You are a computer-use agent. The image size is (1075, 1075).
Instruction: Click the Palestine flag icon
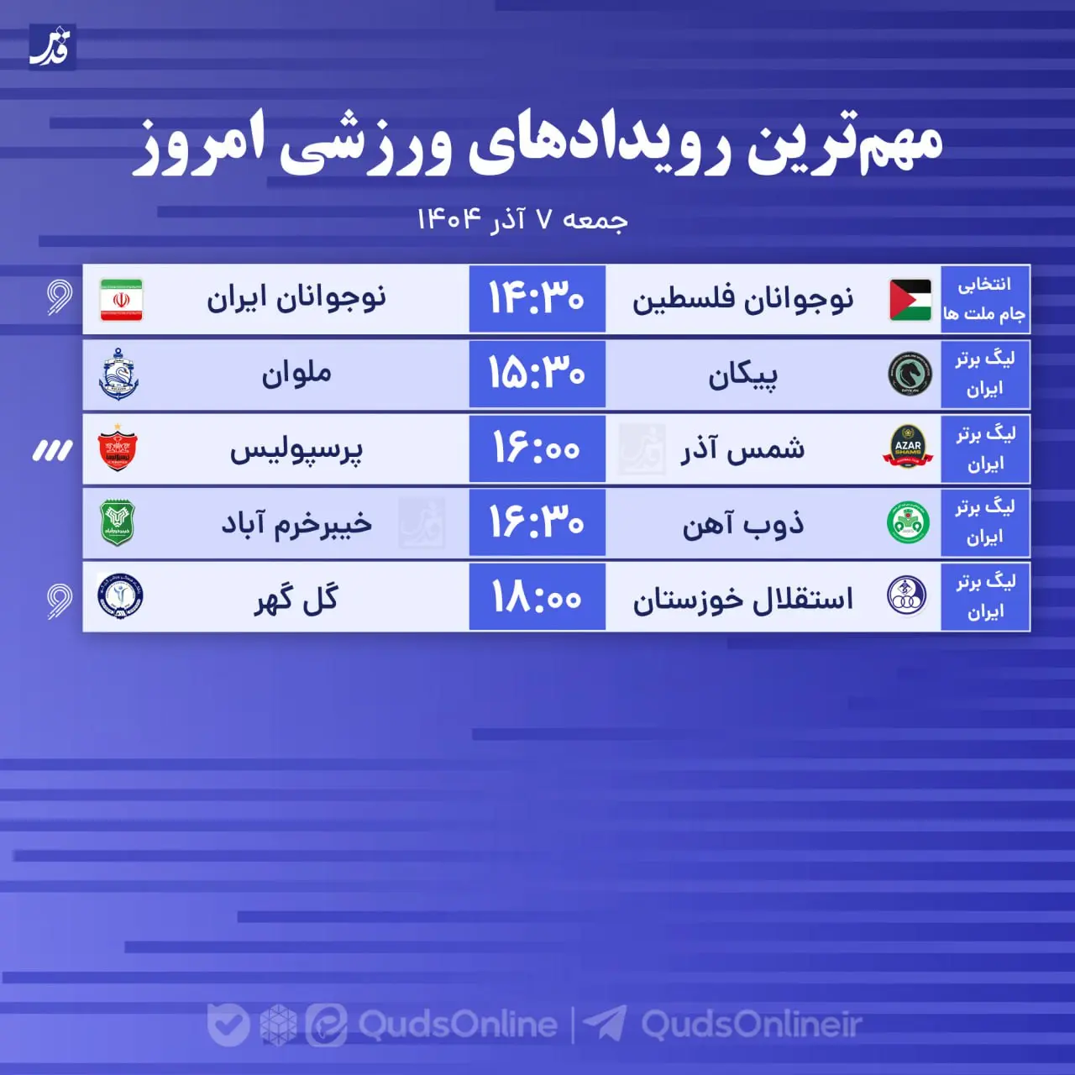[x=910, y=300]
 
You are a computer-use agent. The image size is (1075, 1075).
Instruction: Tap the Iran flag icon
[x=121, y=300]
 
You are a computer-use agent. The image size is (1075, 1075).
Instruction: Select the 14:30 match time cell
[x=537, y=299]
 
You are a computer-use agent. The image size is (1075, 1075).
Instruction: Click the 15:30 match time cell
[x=537, y=374]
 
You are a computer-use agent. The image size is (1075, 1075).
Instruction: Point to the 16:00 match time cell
[x=537, y=448]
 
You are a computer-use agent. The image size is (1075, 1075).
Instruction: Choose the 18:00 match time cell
[x=537, y=597]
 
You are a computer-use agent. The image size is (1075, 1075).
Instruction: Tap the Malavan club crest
[x=118, y=375]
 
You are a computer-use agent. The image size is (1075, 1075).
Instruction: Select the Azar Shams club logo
[x=908, y=448]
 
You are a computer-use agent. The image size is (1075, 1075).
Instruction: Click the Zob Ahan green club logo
[x=908, y=522]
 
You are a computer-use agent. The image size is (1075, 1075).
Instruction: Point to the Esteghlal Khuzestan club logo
[x=907, y=596]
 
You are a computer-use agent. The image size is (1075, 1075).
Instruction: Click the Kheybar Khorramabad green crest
[x=118, y=522]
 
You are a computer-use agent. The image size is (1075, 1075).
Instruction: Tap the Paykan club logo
[x=910, y=374]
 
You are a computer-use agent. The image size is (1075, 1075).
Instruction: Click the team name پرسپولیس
[x=296, y=450]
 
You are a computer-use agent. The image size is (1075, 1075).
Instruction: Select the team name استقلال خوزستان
[x=742, y=599]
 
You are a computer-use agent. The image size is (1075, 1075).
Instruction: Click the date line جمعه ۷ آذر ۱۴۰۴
[x=522, y=220]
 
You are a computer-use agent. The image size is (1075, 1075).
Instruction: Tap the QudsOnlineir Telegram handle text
[x=752, y=1025]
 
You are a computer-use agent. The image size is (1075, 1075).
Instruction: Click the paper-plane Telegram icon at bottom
[x=605, y=1024]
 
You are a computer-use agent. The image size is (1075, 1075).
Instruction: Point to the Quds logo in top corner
[x=52, y=47]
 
